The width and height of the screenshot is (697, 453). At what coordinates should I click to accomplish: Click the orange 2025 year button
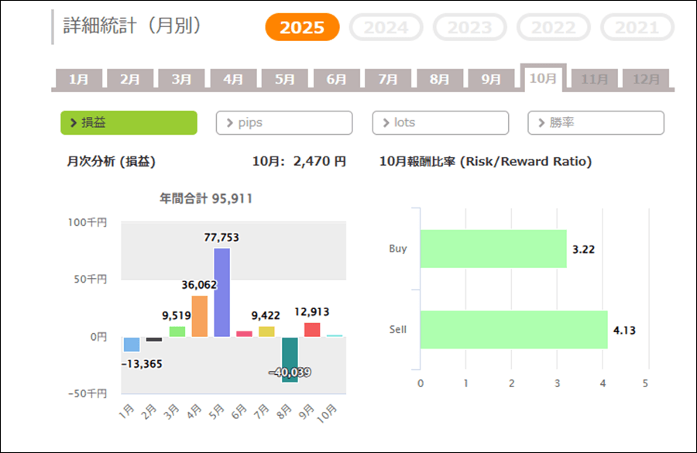click(302, 28)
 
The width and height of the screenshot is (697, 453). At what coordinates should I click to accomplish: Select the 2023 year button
click(469, 28)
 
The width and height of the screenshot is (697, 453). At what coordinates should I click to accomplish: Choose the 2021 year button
click(637, 28)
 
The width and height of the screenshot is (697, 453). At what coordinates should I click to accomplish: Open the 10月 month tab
click(543, 78)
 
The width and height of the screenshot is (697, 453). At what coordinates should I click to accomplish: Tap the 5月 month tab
click(284, 79)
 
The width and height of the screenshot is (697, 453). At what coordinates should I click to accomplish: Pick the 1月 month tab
click(78, 79)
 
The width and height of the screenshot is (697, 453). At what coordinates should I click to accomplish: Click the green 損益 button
click(129, 122)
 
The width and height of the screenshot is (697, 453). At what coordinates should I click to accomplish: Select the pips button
click(283, 122)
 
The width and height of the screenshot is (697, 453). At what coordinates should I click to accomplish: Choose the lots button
click(440, 122)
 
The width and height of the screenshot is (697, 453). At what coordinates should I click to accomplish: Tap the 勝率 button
click(596, 122)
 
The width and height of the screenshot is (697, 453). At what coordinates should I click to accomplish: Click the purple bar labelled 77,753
click(222, 292)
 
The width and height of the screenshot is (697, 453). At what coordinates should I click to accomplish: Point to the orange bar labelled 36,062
click(200, 316)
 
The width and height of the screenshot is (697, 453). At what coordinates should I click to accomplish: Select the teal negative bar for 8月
click(290, 359)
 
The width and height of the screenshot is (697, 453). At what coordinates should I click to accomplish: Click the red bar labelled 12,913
click(312, 329)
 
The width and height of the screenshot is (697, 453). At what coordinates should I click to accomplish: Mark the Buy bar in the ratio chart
click(493, 249)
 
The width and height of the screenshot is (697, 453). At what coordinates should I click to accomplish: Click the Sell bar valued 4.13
click(513, 330)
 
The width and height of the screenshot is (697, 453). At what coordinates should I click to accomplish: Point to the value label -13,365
click(142, 364)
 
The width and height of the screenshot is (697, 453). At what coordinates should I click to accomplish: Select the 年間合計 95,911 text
click(206, 199)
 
